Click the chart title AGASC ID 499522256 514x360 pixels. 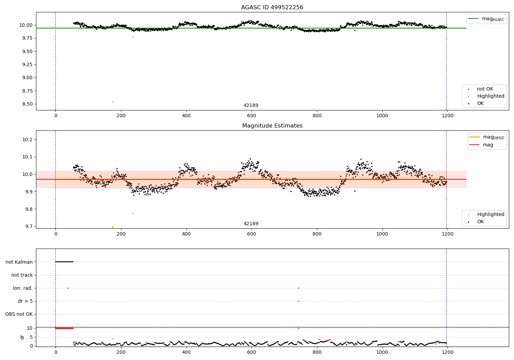[x=272, y=8]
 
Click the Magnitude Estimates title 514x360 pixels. [x=272, y=126]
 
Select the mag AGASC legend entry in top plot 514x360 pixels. [x=486, y=19]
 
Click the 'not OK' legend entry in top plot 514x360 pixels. [x=485, y=89]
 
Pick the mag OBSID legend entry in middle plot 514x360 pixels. [x=487, y=137]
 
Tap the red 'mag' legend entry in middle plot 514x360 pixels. [x=488, y=145]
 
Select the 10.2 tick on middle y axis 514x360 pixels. [x=27, y=140]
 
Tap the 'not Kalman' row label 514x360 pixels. [x=19, y=262]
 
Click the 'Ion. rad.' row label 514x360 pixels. [x=23, y=288]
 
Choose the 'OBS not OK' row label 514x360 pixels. [x=19, y=314]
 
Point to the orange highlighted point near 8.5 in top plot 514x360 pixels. [x=113, y=102]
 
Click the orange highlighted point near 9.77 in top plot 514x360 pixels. [x=133, y=37]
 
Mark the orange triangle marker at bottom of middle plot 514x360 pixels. [x=113, y=227]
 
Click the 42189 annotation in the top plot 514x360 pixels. [x=251, y=106]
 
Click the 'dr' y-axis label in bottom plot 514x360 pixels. [x=22, y=337]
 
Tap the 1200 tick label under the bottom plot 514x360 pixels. [x=447, y=351]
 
